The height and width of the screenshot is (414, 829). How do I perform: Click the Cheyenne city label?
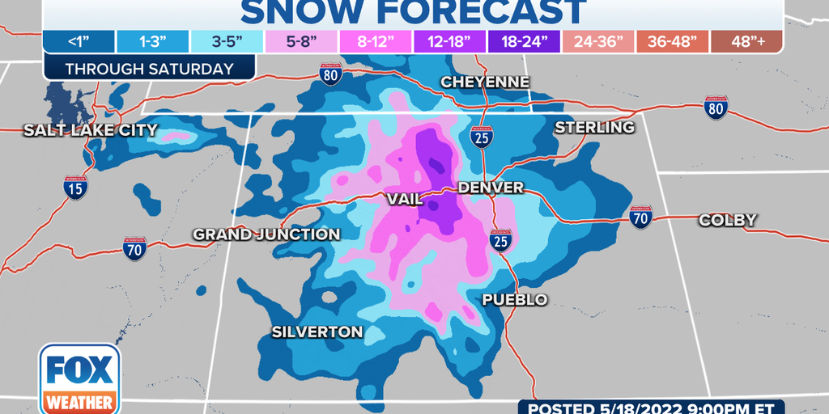point(485,82)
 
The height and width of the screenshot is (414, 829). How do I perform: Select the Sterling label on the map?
point(594,128)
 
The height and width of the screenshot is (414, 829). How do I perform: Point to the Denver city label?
point(491,188)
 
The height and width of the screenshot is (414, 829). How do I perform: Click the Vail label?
point(404,199)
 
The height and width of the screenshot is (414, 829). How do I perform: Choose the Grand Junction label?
point(266,234)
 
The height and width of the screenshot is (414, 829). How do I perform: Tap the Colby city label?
point(727,220)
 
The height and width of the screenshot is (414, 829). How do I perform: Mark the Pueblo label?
point(515,300)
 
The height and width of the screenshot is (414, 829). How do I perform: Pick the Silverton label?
point(317,332)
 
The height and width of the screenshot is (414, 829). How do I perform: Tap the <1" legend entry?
point(79,41)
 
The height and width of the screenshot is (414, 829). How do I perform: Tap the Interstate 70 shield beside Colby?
point(641,216)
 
